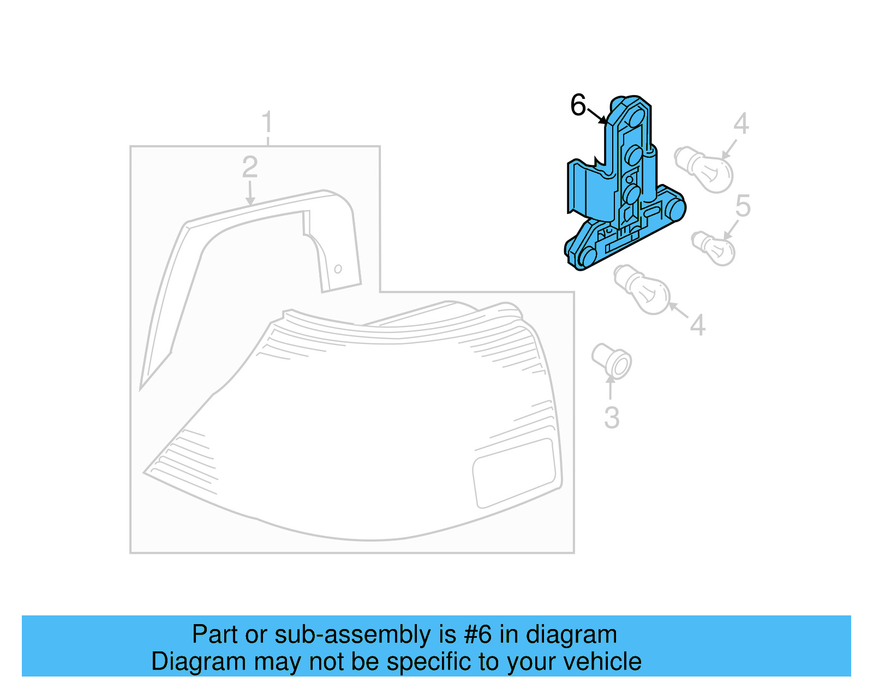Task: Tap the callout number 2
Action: (x=250, y=167)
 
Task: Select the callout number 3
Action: (x=612, y=418)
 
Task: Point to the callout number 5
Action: (x=743, y=206)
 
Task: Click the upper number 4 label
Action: (x=740, y=124)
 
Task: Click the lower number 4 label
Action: (x=697, y=325)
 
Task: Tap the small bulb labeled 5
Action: (x=714, y=248)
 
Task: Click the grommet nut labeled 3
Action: (x=612, y=360)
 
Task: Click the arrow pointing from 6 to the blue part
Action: (x=597, y=116)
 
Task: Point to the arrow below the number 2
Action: (x=250, y=193)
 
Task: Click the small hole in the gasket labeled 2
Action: (x=338, y=269)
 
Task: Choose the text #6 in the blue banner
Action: (x=478, y=634)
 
